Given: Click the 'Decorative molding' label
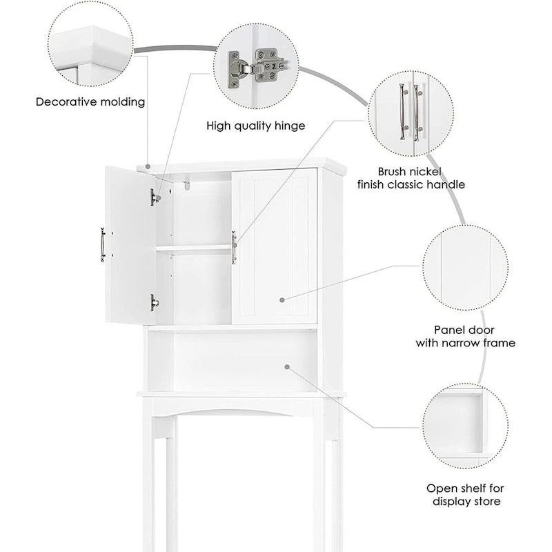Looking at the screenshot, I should coord(90,102).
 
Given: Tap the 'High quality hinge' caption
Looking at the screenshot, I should coord(256,126).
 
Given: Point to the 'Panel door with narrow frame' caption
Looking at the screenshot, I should coord(465,337).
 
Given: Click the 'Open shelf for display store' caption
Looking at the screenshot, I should coord(464,495).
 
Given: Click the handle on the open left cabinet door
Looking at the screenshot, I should coord(103,245).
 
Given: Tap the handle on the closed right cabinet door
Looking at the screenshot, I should coord(234,248).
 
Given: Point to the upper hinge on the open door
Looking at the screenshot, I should coord(155,197).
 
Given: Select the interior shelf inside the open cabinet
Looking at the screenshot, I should coord(193,249).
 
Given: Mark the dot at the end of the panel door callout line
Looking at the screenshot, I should coord(283,300).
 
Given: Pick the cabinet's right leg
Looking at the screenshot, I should coord(331,483).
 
